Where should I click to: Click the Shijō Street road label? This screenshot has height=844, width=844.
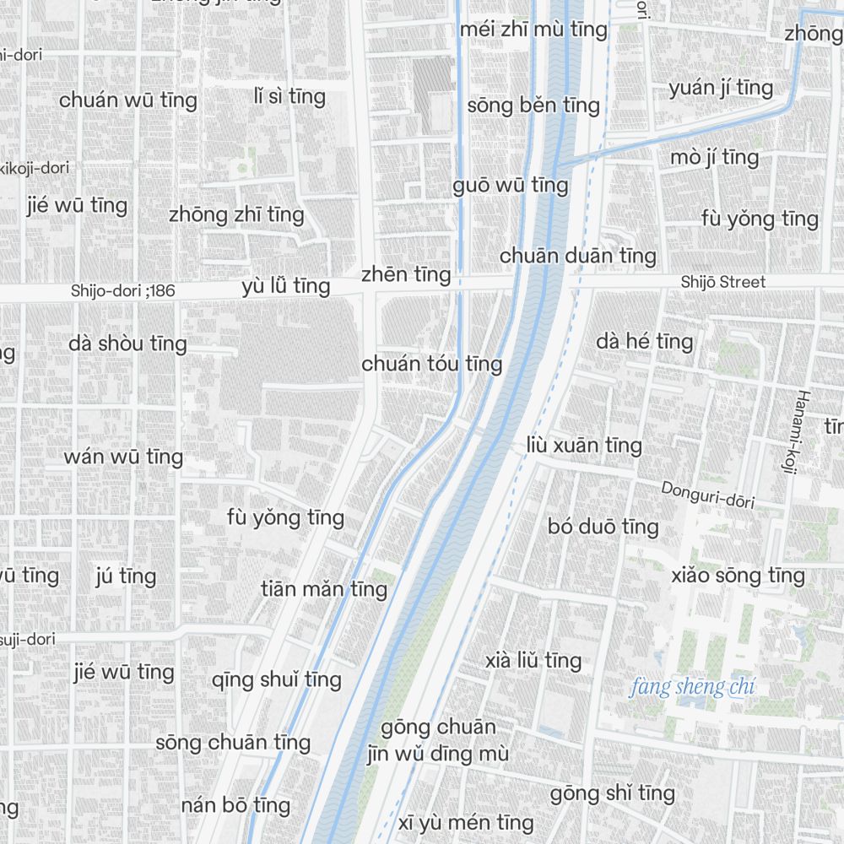(723, 282)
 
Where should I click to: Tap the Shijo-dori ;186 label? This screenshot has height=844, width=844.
(123, 291)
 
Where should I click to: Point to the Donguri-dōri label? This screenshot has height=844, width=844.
(707, 495)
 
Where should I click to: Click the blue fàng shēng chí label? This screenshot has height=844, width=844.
(692, 687)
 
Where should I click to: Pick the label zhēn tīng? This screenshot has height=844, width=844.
(406, 275)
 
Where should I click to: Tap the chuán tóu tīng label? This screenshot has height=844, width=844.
(432, 364)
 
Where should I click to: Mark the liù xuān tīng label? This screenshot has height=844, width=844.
(583, 445)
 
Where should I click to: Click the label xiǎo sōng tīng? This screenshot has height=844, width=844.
(738, 576)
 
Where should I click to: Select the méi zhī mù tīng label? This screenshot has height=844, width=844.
(533, 30)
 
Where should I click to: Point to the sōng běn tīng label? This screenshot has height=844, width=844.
(533, 105)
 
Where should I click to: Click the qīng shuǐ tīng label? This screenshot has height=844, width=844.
(277, 679)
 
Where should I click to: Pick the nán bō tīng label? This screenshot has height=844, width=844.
(235, 805)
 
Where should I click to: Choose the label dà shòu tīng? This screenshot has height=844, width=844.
(127, 344)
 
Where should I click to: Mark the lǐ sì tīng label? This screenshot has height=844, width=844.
(289, 96)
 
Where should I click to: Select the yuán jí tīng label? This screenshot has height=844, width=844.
(721, 88)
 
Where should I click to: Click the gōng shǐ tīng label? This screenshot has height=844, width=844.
(613, 793)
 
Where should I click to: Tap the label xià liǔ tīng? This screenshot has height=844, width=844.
(533, 660)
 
